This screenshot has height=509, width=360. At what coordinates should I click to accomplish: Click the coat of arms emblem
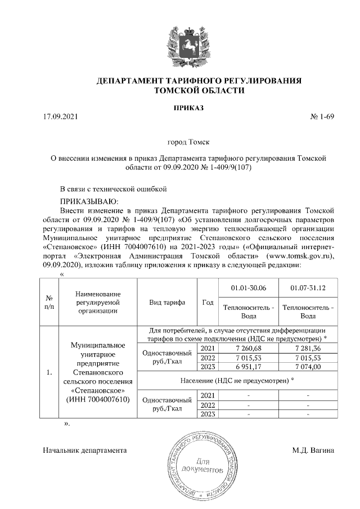click(180, 43)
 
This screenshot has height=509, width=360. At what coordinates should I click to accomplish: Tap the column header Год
click(207, 302)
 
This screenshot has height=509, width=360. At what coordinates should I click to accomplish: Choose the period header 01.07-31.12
click(308, 288)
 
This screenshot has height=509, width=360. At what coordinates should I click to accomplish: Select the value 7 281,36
click(308, 349)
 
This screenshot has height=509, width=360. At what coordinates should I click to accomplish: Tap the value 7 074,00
click(308, 367)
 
